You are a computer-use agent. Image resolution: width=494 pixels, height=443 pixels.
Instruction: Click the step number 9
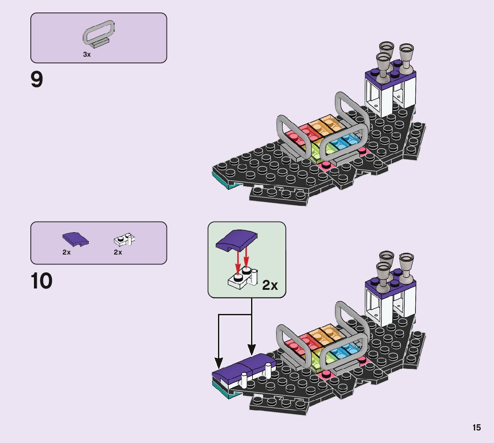[37, 80]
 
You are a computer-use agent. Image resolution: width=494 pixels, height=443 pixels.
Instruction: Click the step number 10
[42, 281]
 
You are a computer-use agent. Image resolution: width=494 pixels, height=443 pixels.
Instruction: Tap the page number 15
[477, 427]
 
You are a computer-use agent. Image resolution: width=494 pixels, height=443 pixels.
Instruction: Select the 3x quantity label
[87, 54]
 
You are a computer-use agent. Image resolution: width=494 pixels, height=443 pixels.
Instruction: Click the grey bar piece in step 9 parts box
[99, 33]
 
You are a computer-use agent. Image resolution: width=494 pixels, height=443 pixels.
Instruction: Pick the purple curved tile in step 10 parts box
[75, 239]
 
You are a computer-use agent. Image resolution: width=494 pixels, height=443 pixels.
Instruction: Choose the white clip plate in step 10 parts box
[124, 240]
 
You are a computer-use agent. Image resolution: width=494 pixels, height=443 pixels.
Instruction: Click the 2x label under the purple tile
[67, 252]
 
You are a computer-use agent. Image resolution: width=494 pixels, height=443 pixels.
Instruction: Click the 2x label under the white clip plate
[118, 252]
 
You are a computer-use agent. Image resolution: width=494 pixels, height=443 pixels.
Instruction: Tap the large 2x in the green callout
[270, 285]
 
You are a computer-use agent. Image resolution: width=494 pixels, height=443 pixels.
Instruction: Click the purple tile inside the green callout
[237, 240]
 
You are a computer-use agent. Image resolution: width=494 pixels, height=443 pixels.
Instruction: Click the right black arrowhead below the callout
[251, 349]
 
